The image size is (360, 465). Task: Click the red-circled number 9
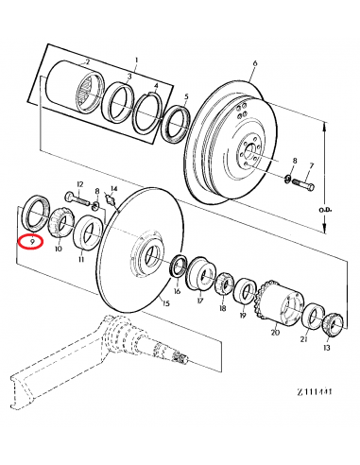pos(33,242)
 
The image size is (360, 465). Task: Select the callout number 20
pos(276,331)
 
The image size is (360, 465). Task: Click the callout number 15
pos(165,304)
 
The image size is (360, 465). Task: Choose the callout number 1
pos(135,60)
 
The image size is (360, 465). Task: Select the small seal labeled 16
pos(177,268)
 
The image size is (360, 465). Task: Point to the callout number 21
pos(303,339)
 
